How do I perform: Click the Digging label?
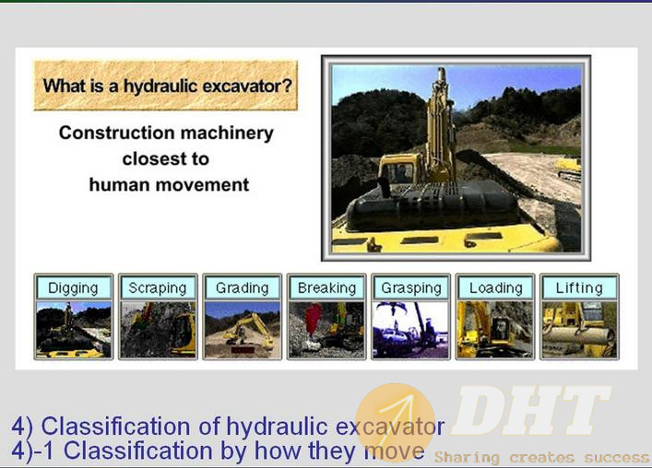click(73, 287)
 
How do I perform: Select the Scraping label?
click(158, 287)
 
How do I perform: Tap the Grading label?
click(242, 287)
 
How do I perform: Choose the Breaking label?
click(326, 287)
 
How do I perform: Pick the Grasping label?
click(411, 287)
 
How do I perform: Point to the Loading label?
click(495, 287)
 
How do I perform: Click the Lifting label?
click(579, 287)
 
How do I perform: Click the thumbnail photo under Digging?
click(74, 330)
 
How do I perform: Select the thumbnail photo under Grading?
click(243, 330)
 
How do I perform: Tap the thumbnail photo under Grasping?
click(410, 330)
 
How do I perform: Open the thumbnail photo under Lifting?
click(579, 330)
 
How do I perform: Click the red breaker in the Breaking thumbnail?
click(314, 319)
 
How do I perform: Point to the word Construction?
click(117, 133)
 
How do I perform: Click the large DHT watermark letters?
click(531, 411)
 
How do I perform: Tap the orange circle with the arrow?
click(395, 422)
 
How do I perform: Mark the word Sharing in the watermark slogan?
click(467, 458)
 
